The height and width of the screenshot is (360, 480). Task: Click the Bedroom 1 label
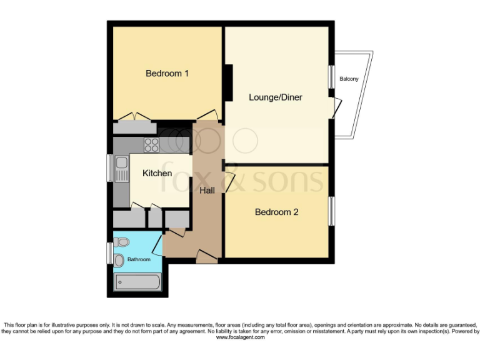coord(167,74)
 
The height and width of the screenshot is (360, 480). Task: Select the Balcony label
coord(349,79)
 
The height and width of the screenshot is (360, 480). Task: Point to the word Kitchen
coord(157,173)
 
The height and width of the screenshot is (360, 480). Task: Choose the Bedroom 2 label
coord(276,212)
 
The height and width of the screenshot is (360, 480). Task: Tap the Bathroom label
coord(139,259)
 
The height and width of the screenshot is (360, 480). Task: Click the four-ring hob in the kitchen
coord(152,145)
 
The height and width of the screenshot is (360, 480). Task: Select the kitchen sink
coord(121,168)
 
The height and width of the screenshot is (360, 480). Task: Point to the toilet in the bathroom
coord(123,242)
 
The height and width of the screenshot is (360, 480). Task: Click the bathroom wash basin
coord(119,259)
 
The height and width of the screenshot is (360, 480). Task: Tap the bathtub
coord(138,283)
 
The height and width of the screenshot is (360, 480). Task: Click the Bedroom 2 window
coord(331,211)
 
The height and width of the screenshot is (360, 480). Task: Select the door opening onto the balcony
coord(336,107)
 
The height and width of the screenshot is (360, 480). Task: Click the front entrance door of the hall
coord(207,256)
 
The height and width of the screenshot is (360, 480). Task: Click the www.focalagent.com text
coord(240,337)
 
